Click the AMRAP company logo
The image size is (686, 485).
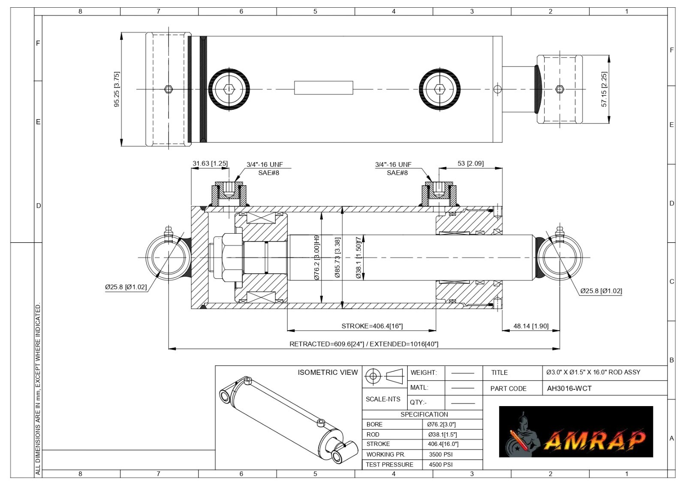pos(576,431)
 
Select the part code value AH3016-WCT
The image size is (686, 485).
pos(569,389)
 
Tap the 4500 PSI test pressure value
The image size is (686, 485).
pos(441,465)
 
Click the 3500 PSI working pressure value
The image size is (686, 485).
pos(441,455)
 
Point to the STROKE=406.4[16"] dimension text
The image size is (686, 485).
pos(372,326)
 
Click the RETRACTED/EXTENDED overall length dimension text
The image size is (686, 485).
pos(364,344)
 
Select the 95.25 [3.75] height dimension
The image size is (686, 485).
pos(117,90)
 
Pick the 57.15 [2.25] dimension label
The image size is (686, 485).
pos(604,90)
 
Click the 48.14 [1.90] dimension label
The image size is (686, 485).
pos(531,326)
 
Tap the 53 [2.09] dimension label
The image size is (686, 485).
pos(471,163)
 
